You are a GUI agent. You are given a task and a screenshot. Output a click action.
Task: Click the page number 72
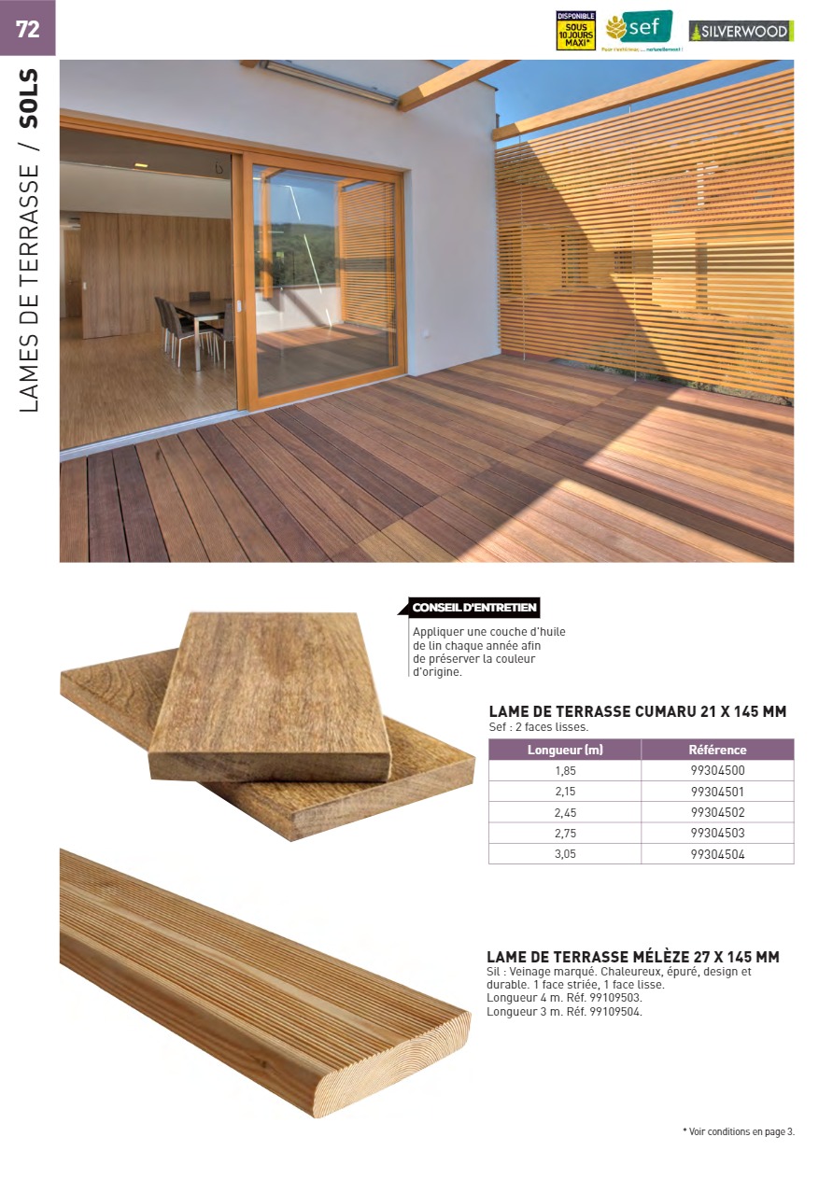[28, 29]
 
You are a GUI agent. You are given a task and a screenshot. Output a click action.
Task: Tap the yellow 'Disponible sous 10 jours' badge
[575, 31]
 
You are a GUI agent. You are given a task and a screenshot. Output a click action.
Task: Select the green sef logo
[639, 28]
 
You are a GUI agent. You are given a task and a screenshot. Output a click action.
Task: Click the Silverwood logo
[741, 31]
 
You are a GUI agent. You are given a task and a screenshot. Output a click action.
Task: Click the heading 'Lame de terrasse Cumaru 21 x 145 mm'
[637, 711]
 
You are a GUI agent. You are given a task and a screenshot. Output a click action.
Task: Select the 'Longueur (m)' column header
[565, 750]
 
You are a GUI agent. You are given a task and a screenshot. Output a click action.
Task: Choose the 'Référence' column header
[717, 750]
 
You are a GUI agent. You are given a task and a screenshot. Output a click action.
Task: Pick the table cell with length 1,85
[565, 771]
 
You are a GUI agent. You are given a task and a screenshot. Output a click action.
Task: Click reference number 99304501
[717, 792]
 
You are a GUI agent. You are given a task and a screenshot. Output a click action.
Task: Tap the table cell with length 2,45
[565, 812]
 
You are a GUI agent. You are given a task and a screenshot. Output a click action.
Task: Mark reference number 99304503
[717, 833]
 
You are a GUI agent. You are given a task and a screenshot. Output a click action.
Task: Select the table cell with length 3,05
[565, 853]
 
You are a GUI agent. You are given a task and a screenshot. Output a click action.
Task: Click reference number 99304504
[717, 853]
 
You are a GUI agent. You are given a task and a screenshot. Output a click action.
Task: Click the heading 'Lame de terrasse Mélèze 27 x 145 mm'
[632, 957]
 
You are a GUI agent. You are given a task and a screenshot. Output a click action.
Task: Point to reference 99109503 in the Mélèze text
[616, 998]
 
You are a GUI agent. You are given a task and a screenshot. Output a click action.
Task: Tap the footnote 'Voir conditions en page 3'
[739, 1132]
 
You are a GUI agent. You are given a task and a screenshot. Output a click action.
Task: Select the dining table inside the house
[202, 308]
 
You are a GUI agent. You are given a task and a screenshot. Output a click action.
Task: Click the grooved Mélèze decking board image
[261, 980]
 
